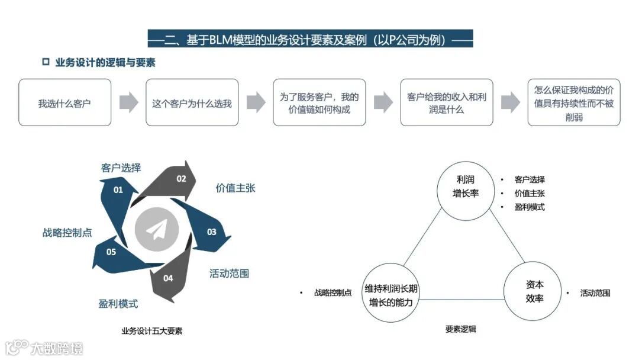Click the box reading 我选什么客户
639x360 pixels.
pyautogui.click(x=64, y=103)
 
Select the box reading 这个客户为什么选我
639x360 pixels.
pyautogui.click(x=192, y=103)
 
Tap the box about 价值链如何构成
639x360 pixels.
pyautogui.click(x=319, y=103)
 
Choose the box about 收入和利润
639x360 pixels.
pyautogui.click(x=446, y=103)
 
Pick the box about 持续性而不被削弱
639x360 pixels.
pyautogui.click(x=573, y=103)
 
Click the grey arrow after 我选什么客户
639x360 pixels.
pyautogui.click(x=128, y=102)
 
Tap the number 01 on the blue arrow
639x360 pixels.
pyautogui.click(x=118, y=190)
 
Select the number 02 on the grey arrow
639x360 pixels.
pyautogui.click(x=181, y=178)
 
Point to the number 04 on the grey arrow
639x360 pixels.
pyautogui.click(x=168, y=278)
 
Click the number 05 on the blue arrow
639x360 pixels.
pyautogui.click(x=111, y=252)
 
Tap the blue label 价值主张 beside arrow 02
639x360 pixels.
pyautogui.click(x=235, y=188)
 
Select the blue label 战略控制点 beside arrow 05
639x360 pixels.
pyautogui.click(x=67, y=233)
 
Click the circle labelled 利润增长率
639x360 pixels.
pyautogui.click(x=465, y=186)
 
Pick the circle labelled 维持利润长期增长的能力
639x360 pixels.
pyautogui.click(x=391, y=294)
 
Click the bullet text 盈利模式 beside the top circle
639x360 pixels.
pyautogui.click(x=530, y=207)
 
